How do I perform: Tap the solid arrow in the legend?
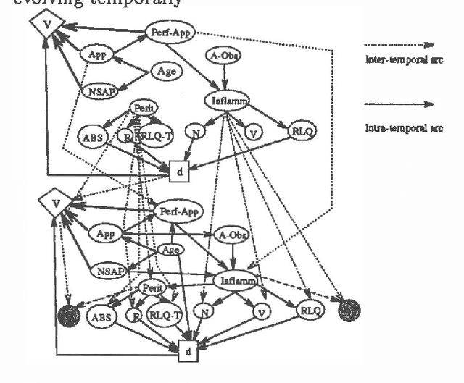click(398, 104)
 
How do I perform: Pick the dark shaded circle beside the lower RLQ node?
click(349, 310)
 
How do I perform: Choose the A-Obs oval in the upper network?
click(225, 56)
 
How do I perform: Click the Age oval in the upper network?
click(166, 72)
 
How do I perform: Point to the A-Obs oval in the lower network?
click(231, 235)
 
